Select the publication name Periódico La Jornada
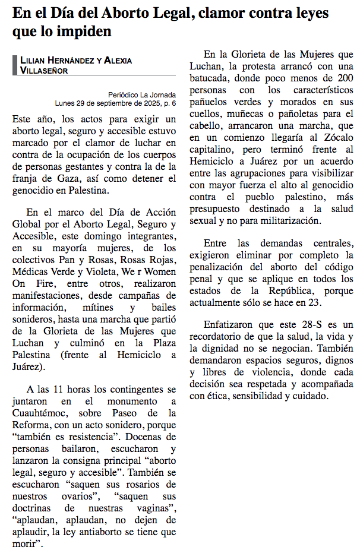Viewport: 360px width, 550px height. [x=142, y=94]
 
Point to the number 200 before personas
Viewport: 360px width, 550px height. [x=343, y=78]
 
